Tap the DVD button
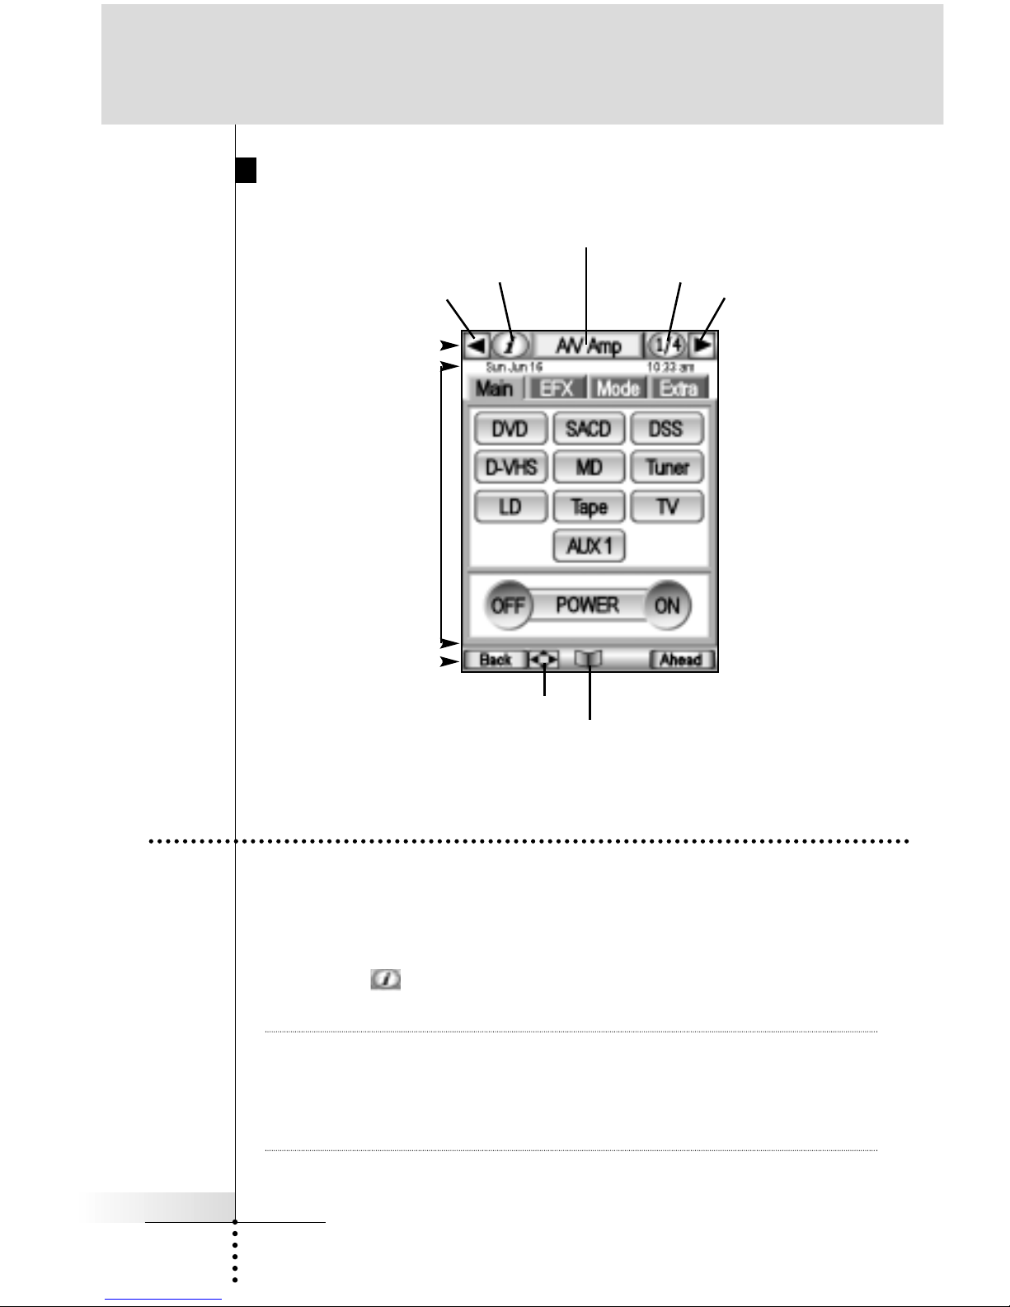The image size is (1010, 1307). point(510,429)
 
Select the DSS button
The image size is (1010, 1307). point(666,429)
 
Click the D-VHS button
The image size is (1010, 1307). point(510,468)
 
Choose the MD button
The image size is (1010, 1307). point(589,468)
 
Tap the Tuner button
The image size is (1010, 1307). point(666,468)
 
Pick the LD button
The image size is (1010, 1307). point(510,506)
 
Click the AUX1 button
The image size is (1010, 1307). point(589,545)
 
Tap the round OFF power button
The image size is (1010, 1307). point(507,605)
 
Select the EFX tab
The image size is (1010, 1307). point(557,388)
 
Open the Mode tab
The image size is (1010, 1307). point(618,388)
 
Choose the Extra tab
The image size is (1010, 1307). point(679,388)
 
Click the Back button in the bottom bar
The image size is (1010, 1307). point(495,660)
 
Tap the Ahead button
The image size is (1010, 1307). point(681,660)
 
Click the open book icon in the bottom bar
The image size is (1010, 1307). point(589,659)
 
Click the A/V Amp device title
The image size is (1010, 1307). point(588,345)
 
